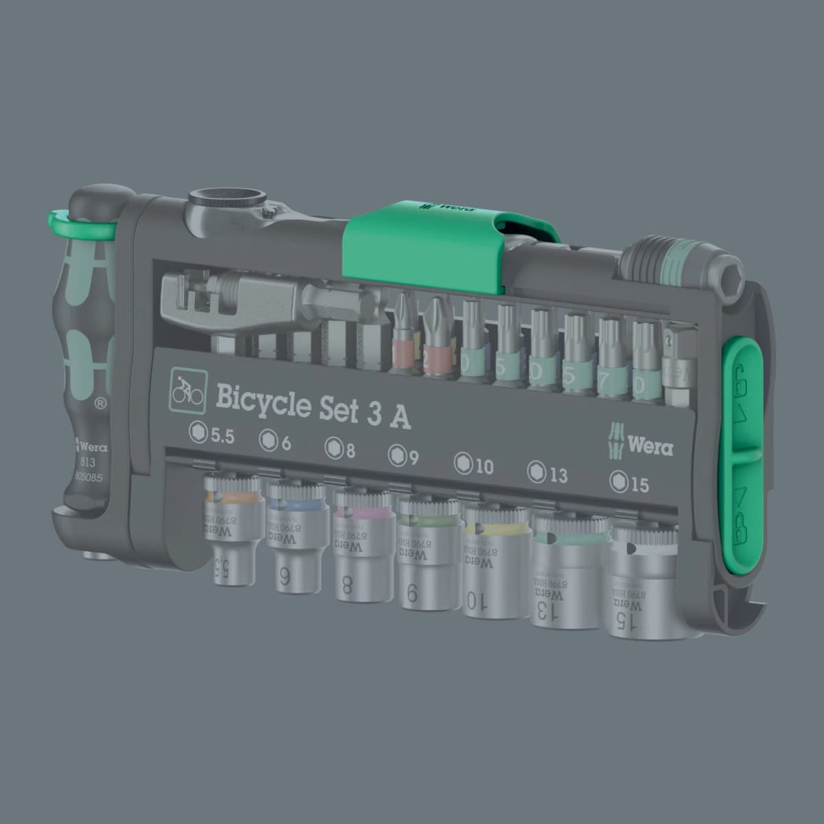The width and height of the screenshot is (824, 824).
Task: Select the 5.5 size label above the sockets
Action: click(212, 435)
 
